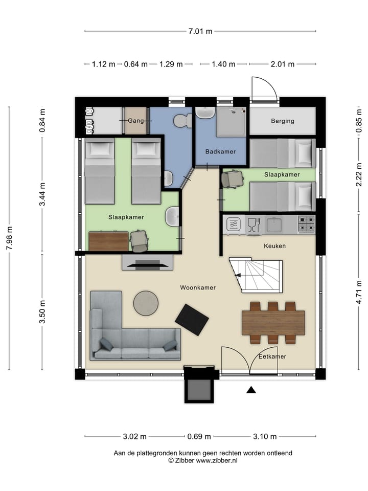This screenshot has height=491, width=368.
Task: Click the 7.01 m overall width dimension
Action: (x=200, y=31)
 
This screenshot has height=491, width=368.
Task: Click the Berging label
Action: (x=283, y=121)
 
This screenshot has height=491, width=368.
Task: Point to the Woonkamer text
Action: (x=198, y=288)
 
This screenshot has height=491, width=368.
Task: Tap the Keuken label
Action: (x=274, y=246)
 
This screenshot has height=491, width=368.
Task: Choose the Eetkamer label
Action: (x=272, y=356)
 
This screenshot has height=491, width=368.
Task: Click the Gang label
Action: (x=136, y=121)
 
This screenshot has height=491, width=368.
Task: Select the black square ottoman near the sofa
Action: (x=192, y=320)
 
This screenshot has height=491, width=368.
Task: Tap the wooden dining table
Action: (x=273, y=323)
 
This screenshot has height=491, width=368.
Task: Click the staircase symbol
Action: (x=256, y=276)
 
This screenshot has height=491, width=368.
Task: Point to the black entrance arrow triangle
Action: (x=251, y=390)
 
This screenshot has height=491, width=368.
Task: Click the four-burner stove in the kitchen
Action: (x=306, y=224)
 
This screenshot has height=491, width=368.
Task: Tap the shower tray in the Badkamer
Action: (x=231, y=122)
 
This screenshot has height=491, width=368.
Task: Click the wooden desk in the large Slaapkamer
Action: (x=108, y=241)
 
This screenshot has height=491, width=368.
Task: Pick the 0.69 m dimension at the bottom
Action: (x=199, y=436)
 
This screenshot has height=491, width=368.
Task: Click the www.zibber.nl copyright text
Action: (x=202, y=460)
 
